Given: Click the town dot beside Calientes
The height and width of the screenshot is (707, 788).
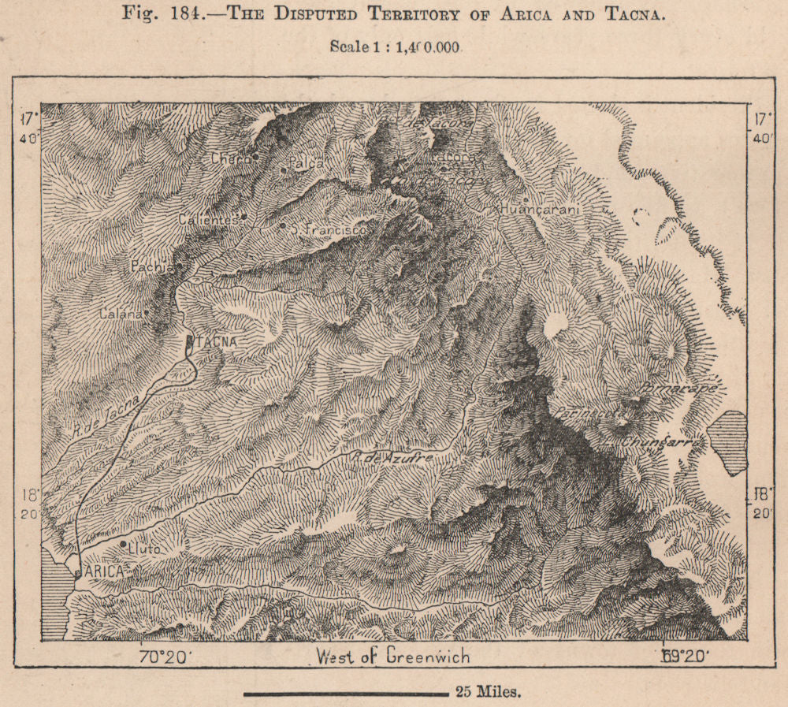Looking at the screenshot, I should pyautogui.click(x=244, y=217).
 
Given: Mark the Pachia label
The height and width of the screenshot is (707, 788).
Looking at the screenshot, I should pyautogui.click(x=151, y=267).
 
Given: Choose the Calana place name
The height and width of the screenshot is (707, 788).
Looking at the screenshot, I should pyautogui.click(x=121, y=314).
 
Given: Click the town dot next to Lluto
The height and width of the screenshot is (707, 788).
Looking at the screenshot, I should pyautogui.click(x=124, y=544).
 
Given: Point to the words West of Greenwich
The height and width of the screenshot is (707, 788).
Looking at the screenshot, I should pyautogui.click(x=392, y=656).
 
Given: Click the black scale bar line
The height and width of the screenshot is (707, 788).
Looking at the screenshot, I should pyautogui.click(x=346, y=694).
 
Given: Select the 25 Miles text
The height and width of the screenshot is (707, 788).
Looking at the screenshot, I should pyautogui.click(x=487, y=693).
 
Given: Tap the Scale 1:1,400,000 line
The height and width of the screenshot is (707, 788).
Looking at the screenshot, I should pyautogui.click(x=395, y=46).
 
